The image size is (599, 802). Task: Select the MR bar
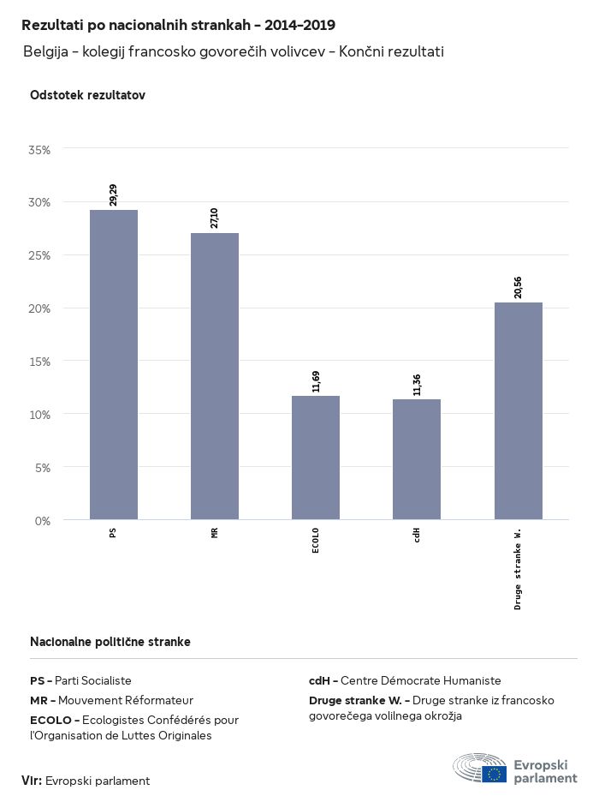click(x=215, y=376)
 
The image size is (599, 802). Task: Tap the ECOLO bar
click(x=316, y=458)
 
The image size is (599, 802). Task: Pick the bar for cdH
click(x=417, y=459)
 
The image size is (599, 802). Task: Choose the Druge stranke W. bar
click(x=519, y=410)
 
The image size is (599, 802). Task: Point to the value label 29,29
click(x=114, y=195)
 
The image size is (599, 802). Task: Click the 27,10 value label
click(x=215, y=218)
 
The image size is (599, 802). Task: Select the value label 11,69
click(x=316, y=380)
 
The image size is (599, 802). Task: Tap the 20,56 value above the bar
click(x=519, y=287)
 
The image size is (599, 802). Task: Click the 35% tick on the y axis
click(x=40, y=150)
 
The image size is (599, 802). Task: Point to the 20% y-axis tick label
click(x=40, y=308)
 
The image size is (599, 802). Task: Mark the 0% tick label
click(x=43, y=520)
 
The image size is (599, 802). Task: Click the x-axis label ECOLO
click(x=316, y=541)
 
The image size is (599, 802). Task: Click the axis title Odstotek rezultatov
click(x=87, y=95)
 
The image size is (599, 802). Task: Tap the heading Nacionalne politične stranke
click(x=110, y=642)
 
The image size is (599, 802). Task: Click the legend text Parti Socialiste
click(x=93, y=680)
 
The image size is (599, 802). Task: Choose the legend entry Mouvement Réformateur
click(x=126, y=700)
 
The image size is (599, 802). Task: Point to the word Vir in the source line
click(x=32, y=781)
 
